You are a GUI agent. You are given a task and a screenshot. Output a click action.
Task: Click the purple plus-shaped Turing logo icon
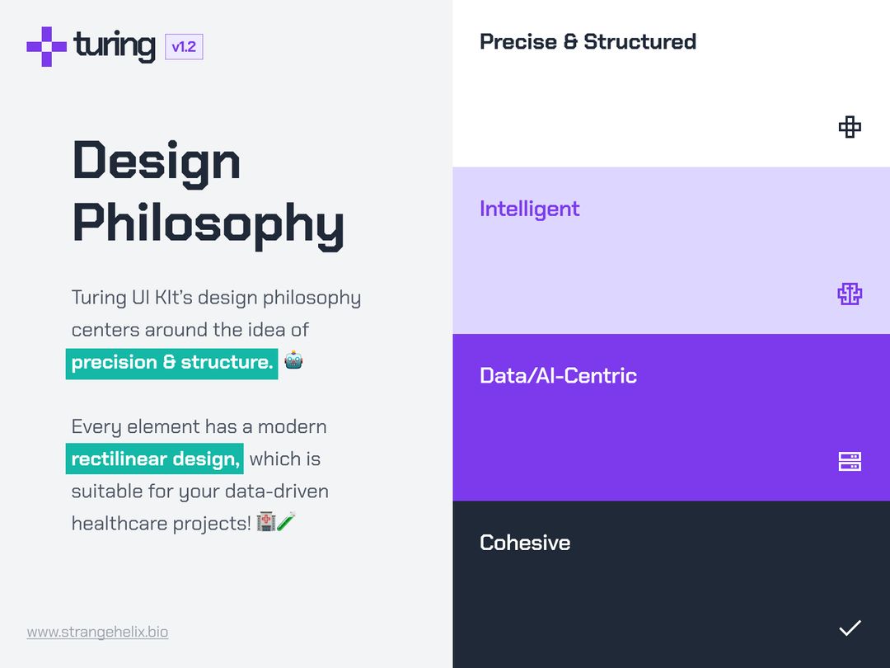pyautogui.click(x=46, y=46)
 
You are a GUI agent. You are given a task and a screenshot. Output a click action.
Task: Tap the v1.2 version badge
pyautogui.click(x=184, y=47)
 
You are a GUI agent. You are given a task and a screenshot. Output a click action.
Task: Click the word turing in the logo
pyautogui.click(x=114, y=45)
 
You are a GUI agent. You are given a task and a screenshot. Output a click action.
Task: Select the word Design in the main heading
pyautogui.click(x=157, y=160)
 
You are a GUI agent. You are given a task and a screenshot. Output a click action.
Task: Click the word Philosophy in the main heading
pyautogui.click(x=208, y=222)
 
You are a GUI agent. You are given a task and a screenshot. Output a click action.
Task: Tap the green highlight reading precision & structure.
pyautogui.click(x=171, y=363)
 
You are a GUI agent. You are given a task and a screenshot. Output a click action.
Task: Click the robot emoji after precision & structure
pyautogui.click(x=293, y=361)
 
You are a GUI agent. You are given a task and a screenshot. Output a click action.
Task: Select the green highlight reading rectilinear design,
pyautogui.click(x=155, y=459)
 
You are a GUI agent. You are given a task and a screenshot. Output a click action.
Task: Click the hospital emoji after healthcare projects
pyautogui.click(x=265, y=522)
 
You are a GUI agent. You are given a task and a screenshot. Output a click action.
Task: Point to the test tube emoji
pyautogui.click(x=285, y=522)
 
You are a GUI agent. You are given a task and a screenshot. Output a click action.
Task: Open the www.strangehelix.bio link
pyautogui.click(x=97, y=633)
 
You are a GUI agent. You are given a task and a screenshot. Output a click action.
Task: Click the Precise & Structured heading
pyautogui.click(x=588, y=42)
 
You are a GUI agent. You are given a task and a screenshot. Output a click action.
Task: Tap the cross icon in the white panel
pyautogui.click(x=850, y=127)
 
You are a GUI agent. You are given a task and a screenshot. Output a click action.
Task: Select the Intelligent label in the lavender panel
pyautogui.click(x=529, y=209)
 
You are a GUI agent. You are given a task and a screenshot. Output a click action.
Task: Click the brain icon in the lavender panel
pyautogui.click(x=850, y=294)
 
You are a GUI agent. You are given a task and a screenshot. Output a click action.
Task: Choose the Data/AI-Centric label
pyautogui.click(x=558, y=376)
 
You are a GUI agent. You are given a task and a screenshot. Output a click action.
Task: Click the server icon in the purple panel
pyautogui.click(x=850, y=462)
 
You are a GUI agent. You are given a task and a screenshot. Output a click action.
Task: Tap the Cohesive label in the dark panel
pyautogui.click(x=525, y=543)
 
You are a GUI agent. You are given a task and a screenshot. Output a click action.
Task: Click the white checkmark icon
pyautogui.click(x=850, y=628)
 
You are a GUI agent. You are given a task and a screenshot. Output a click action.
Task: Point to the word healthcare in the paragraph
pyautogui.click(x=119, y=524)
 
